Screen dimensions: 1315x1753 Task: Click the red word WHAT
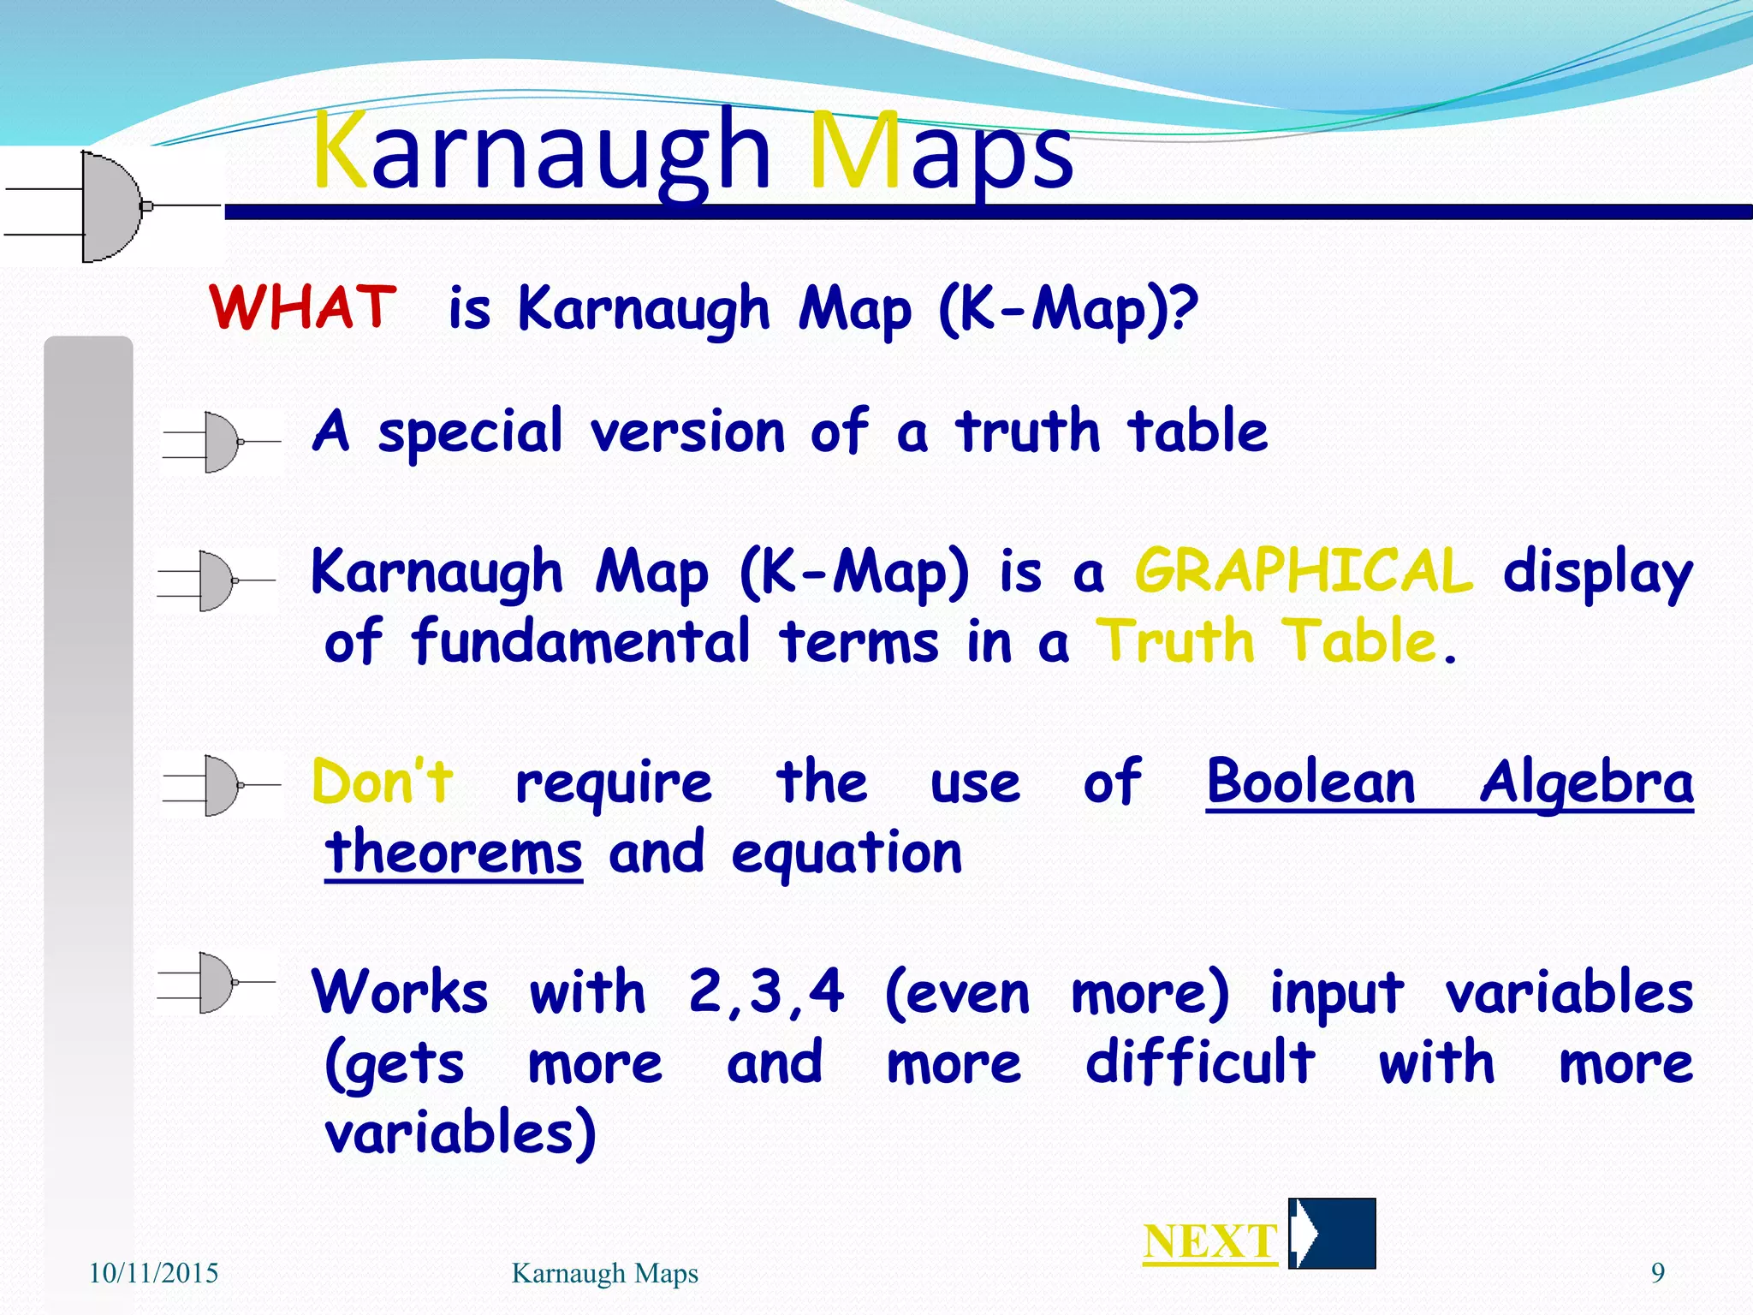click(x=303, y=307)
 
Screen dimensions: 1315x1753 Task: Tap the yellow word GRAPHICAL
click(x=1304, y=572)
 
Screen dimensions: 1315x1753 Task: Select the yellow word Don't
click(x=383, y=782)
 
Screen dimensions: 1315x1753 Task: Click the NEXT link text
click(x=1210, y=1242)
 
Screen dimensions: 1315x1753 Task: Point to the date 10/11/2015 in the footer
click(x=153, y=1274)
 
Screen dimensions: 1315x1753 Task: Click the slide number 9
click(x=1657, y=1274)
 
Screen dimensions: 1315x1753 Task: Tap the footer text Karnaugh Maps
click(x=604, y=1274)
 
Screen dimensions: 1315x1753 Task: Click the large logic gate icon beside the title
click(x=111, y=206)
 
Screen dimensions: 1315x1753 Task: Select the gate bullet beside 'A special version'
click(x=221, y=442)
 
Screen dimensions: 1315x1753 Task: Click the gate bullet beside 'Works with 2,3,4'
click(x=216, y=982)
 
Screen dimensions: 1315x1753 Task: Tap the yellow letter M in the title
click(x=853, y=152)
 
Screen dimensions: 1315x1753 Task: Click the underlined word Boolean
click(x=1310, y=782)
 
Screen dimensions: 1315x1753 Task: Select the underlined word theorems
click(x=454, y=853)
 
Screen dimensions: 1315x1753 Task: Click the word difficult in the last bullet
click(x=1200, y=1062)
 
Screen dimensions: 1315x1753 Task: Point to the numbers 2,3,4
click(x=766, y=993)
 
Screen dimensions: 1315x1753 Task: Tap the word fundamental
click(x=581, y=642)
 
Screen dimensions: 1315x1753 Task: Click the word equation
click(x=847, y=854)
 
